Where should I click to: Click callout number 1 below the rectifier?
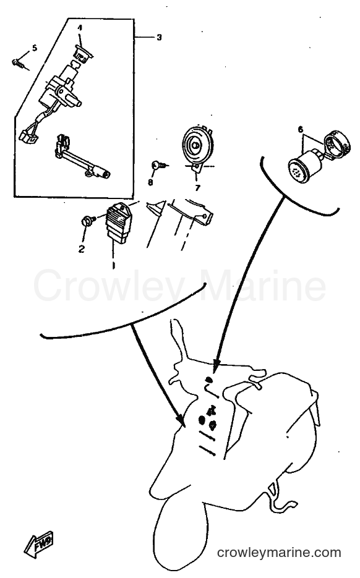click(114, 265)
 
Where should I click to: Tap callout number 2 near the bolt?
click(82, 249)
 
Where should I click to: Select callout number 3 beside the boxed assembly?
click(159, 38)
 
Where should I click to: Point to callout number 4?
click(80, 28)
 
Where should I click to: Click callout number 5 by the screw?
click(35, 48)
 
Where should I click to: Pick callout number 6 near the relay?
click(301, 129)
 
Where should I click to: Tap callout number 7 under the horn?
click(198, 188)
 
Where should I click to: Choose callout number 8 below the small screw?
click(150, 182)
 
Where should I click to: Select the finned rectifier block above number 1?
click(118, 223)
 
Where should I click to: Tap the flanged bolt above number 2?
click(88, 221)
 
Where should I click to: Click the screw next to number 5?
click(19, 64)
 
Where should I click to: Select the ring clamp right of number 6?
click(336, 142)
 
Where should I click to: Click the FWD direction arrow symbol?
click(39, 543)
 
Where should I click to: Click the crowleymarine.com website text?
click(279, 553)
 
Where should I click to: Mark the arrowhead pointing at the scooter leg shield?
click(180, 420)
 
